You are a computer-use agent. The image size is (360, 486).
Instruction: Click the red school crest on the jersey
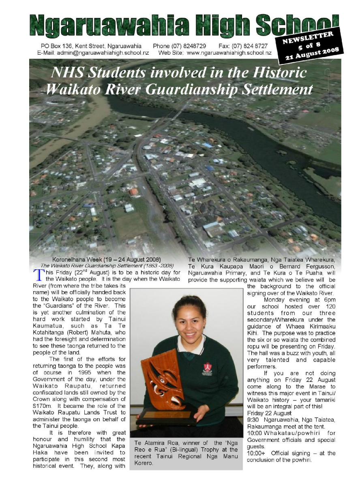tap(208, 367)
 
